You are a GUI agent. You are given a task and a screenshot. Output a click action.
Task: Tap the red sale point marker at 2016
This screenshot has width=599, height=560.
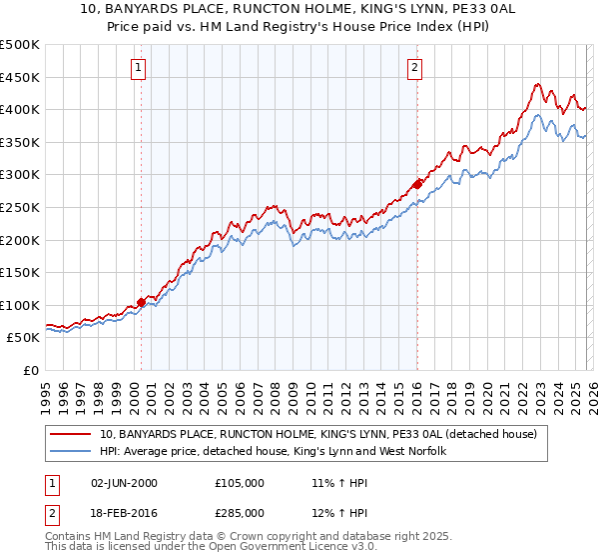417,184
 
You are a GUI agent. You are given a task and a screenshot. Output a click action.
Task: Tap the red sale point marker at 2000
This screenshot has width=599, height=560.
141,301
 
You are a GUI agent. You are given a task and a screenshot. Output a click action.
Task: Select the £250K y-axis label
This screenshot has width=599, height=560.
20,207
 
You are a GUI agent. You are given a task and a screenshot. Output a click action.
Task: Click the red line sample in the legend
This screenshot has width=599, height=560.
71,434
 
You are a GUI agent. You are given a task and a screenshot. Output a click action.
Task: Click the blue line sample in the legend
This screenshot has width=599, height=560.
71,451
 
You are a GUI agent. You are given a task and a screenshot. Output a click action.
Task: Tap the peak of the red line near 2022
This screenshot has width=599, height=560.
537,84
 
